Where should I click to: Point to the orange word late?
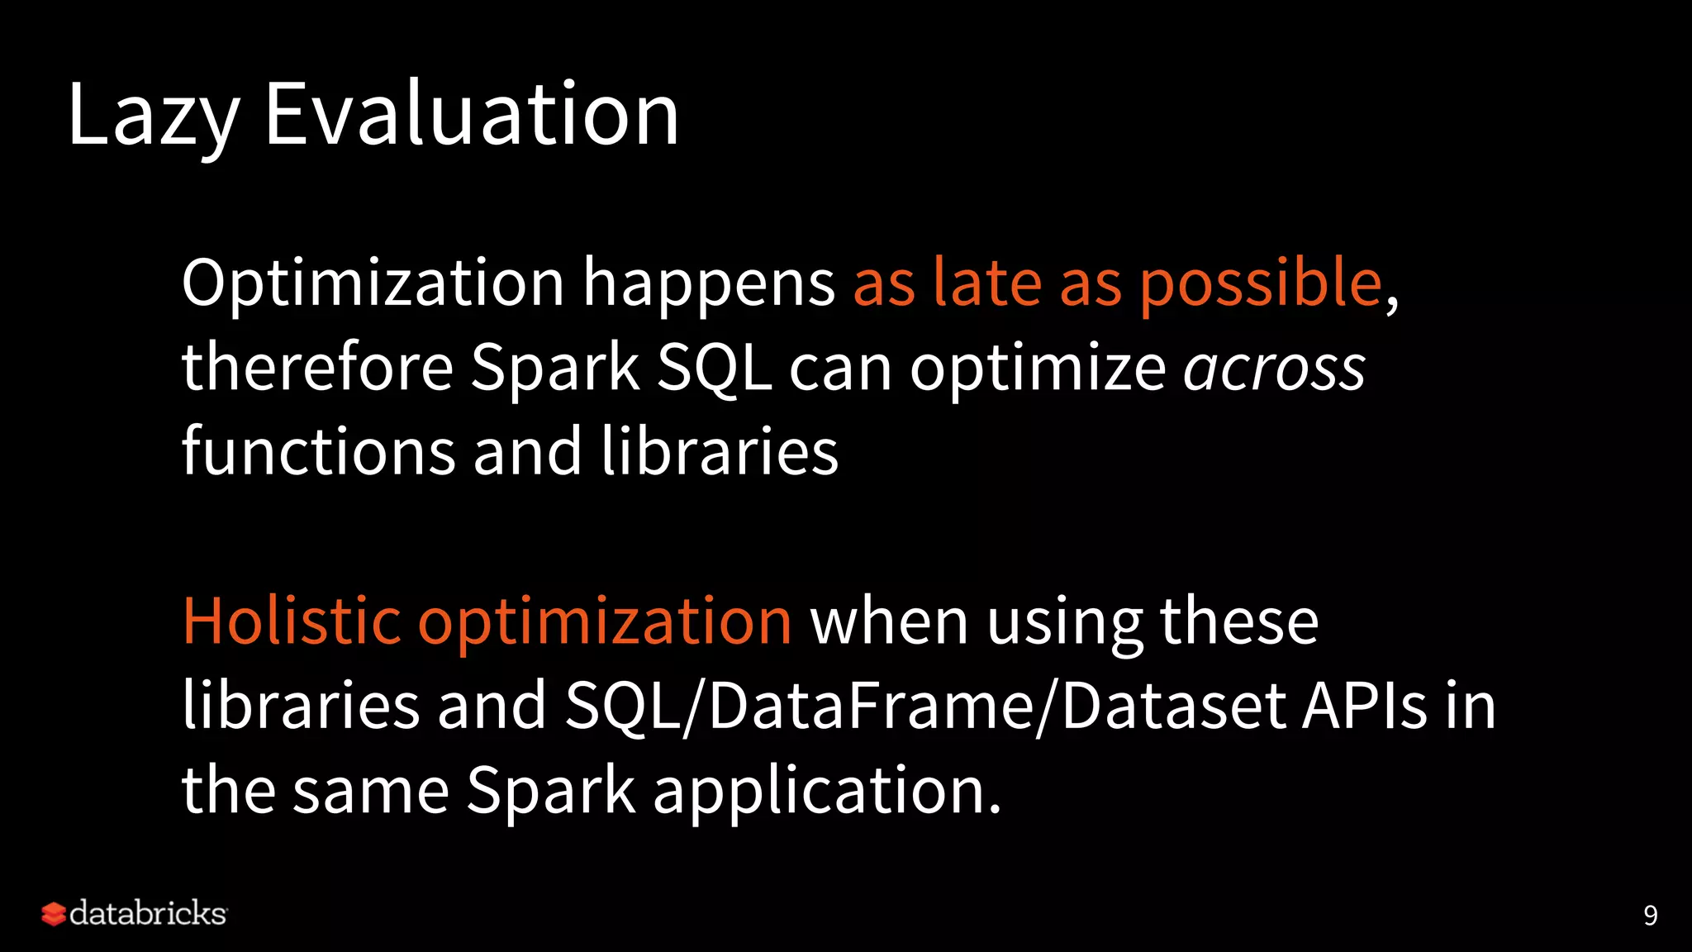click(x=986, y=283)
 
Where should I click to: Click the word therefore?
click(x=317, y=368)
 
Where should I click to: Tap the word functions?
click(x=318, y=452)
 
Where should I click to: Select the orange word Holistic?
click(x=291, y=621)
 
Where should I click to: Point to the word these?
click(x=1239, y=621)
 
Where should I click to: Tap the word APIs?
click(x=1364, y=707)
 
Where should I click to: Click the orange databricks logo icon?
click(x=53, y=914)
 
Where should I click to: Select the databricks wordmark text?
click(x=148, y=913)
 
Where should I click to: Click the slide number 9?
click(x=1650, y=916)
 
